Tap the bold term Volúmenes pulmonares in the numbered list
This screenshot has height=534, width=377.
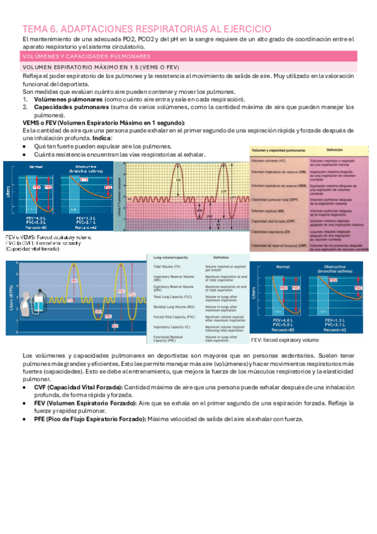69,99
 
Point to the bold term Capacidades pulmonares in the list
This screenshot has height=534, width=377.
73,107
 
